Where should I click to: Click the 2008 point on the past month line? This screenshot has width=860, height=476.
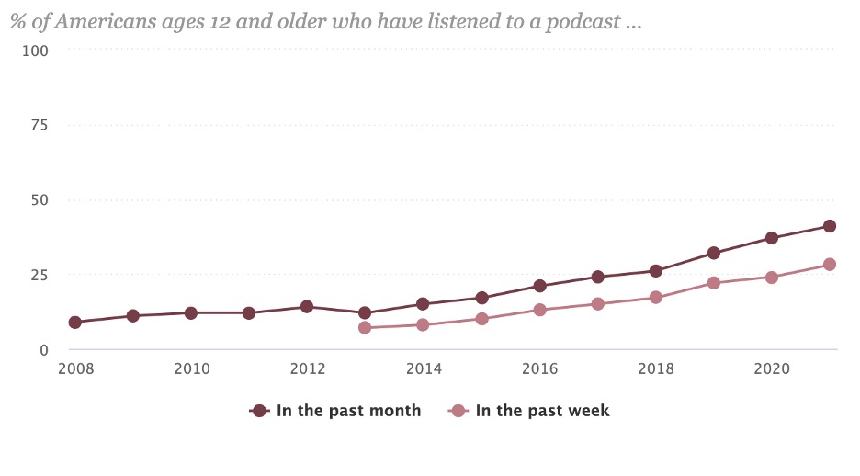74,323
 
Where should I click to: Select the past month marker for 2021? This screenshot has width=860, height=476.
830,226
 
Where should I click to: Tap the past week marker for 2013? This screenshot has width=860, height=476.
365,328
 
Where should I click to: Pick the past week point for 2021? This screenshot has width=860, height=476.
830,265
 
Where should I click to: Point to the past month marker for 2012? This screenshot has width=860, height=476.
307,307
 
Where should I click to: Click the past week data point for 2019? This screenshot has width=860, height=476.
714,283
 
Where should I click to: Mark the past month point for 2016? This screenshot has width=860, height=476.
539,286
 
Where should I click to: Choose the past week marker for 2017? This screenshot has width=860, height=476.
597,304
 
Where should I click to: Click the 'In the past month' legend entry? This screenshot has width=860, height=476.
335,411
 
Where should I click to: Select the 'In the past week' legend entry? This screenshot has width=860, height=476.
529,411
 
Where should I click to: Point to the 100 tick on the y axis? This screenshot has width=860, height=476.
36,49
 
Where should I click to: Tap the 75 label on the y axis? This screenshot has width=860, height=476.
40,124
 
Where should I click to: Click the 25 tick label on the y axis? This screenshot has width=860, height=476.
40,275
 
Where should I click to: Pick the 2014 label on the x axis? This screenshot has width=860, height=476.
424,369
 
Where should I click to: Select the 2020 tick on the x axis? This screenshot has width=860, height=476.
772,369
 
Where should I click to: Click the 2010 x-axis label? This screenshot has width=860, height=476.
191,369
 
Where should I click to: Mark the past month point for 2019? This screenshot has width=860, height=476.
714,253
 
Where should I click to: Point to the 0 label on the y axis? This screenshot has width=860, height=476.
44,350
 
